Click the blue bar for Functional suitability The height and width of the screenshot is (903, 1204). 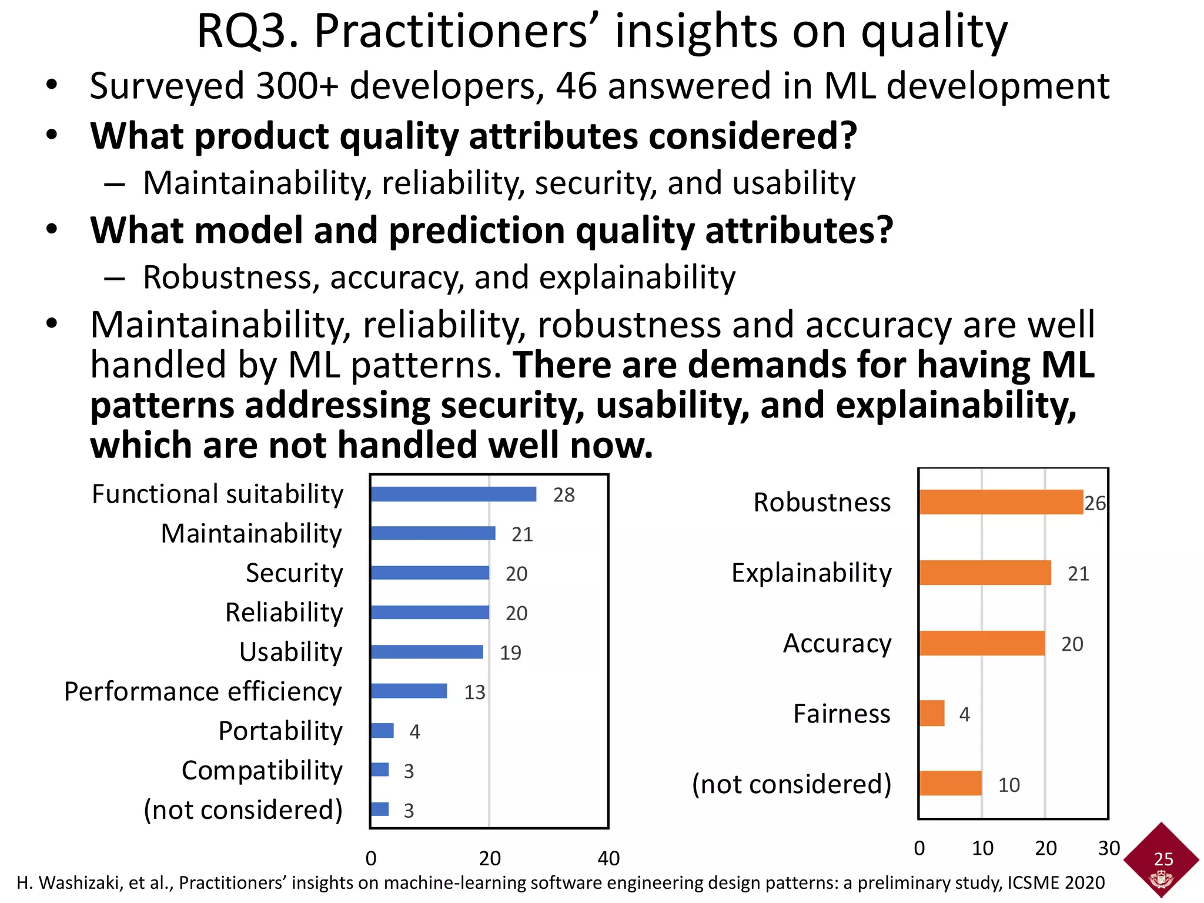453,494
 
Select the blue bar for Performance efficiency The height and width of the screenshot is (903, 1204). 409,691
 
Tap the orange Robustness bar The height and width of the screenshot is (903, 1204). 1001,503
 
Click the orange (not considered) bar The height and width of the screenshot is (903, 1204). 951,784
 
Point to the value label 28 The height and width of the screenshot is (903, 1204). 564,495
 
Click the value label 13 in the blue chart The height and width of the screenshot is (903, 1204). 474,693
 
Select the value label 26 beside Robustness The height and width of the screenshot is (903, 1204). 1095,503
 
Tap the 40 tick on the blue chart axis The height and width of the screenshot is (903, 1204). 608,858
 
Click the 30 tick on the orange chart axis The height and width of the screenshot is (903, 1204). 1109,848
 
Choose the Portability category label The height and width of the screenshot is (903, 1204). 280,731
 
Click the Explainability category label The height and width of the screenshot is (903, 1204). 811,573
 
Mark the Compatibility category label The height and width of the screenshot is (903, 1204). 262,770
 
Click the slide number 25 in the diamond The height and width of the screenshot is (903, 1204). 1163,859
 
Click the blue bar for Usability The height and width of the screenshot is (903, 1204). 427,652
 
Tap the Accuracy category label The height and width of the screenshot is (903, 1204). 837,643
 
